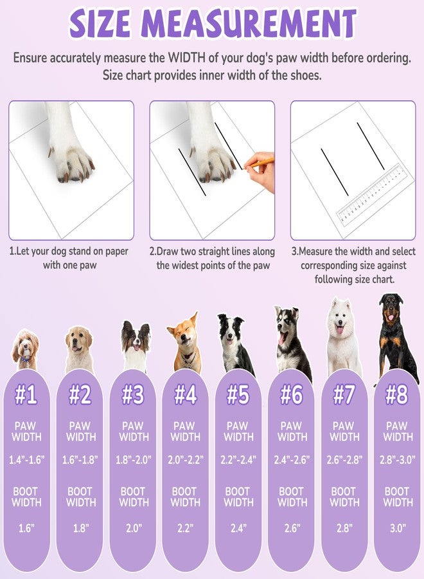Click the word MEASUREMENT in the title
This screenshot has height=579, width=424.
pos(249,23)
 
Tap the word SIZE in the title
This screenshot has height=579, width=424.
pos(100,23)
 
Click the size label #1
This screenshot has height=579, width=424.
pos(26,395)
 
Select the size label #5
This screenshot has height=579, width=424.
pos(238,395)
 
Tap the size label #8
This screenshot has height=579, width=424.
pos(397,395)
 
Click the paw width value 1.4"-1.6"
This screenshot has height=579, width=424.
pos(26,460)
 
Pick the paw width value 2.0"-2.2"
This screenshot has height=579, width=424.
pos(186,460)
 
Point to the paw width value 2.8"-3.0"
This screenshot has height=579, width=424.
pos(398,460)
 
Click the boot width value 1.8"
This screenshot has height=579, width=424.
pos(80,528)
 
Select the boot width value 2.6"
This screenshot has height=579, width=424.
pos(291,528)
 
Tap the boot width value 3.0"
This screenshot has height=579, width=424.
pos(398,528)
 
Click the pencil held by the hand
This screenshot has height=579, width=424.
pos(260,163)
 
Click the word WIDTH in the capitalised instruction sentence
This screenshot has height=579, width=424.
pos(186,58)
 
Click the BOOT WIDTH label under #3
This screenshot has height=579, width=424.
pos(134,497)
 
